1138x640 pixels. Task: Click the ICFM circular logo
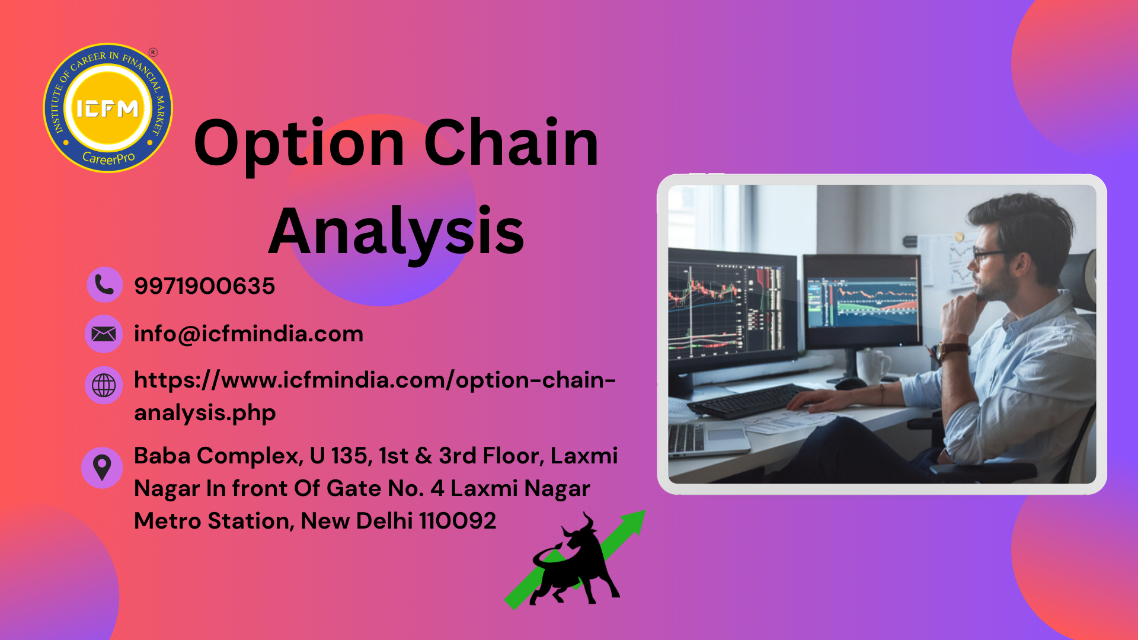(108, 108)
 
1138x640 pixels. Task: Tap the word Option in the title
(299, 144)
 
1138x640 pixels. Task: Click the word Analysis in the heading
(397, 232)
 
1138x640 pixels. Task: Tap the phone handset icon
(104, 285)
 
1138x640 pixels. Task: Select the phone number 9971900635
(204, 286)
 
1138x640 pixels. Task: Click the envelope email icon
(104, 334)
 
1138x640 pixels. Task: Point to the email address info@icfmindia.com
(248, 334)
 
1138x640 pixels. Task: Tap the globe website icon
(104, 385)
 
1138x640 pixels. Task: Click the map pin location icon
(102, 468)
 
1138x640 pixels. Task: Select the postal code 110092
(458, 521)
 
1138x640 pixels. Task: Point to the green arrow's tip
(645, 511)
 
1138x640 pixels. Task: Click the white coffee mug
(872, 366)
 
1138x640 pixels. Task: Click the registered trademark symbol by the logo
(153, 52)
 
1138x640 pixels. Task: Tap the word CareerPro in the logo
(108, 158)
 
